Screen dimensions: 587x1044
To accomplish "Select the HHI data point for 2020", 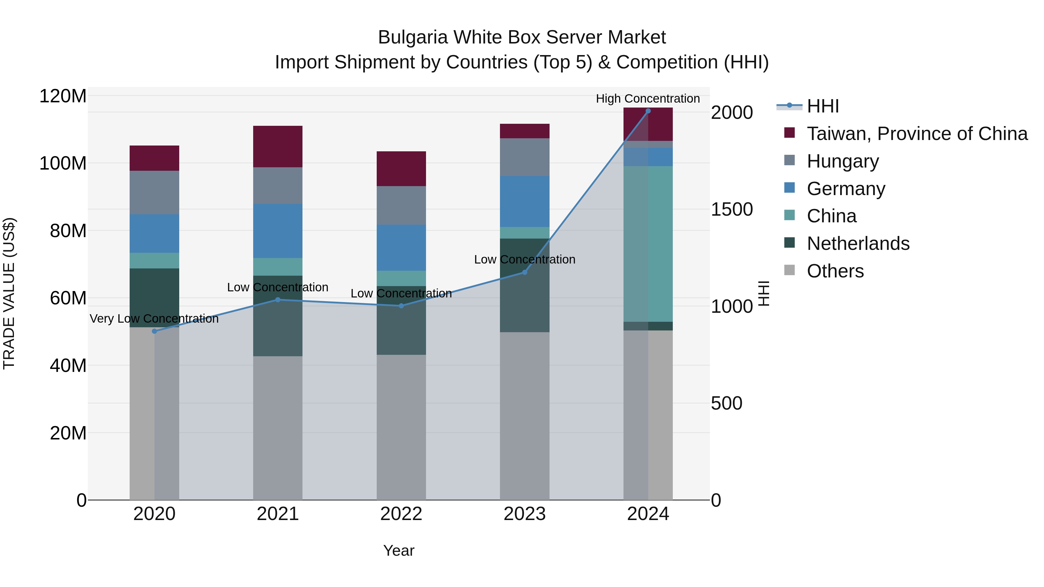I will [x=154, y=331].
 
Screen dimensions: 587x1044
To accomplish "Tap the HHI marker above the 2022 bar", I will [x=401, y=306].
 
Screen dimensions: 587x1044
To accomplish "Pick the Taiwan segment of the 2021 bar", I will [x=278, y=146].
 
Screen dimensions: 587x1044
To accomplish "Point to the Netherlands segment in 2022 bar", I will [x=401, y=320].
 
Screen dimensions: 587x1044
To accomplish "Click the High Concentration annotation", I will [x=648, y=99].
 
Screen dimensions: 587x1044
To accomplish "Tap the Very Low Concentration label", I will [x=154, y=319].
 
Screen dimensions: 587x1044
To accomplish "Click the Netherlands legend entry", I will [x=858, y=243].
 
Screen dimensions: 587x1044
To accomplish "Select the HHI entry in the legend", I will [x=823, y=106].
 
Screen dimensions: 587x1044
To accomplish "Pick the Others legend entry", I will [x=835, y=271].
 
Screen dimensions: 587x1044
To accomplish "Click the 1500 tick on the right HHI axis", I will [x=732, y=210].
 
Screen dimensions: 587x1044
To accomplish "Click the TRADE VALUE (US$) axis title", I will [x=9, y=293].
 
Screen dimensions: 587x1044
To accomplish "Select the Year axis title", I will [x=399, y=550].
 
